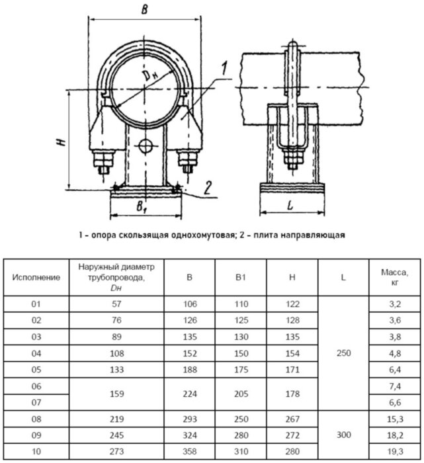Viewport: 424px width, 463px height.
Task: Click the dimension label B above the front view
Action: tap(144, 9)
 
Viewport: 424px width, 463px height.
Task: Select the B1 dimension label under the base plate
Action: tap(141, 207)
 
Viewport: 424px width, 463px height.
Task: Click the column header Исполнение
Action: tap(36, 277)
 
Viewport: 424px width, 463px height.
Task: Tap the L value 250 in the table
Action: tap(343, 353)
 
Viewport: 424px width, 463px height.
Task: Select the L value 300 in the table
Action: tap(343, 436)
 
